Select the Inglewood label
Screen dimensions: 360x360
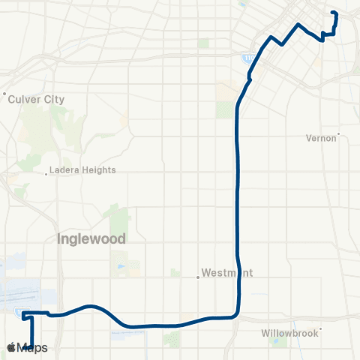[x=90, y=238]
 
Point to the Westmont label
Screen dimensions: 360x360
[x=229, y=273]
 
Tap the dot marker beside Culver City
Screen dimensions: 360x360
[x=5, y=94]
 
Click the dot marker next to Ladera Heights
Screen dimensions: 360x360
[x=47, y=174]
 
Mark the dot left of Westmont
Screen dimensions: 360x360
[x=198, y=277]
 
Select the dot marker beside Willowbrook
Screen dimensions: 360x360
[x=320, y=328]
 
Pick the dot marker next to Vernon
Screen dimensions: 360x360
[x=339, y=135]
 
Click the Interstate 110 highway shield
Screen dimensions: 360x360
[x=247, y=56]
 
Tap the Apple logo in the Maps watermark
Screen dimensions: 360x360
[x=11, y=348]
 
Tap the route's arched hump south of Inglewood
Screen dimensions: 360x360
[x=90, y=307]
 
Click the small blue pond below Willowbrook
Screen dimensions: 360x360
[x=278, y=343]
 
